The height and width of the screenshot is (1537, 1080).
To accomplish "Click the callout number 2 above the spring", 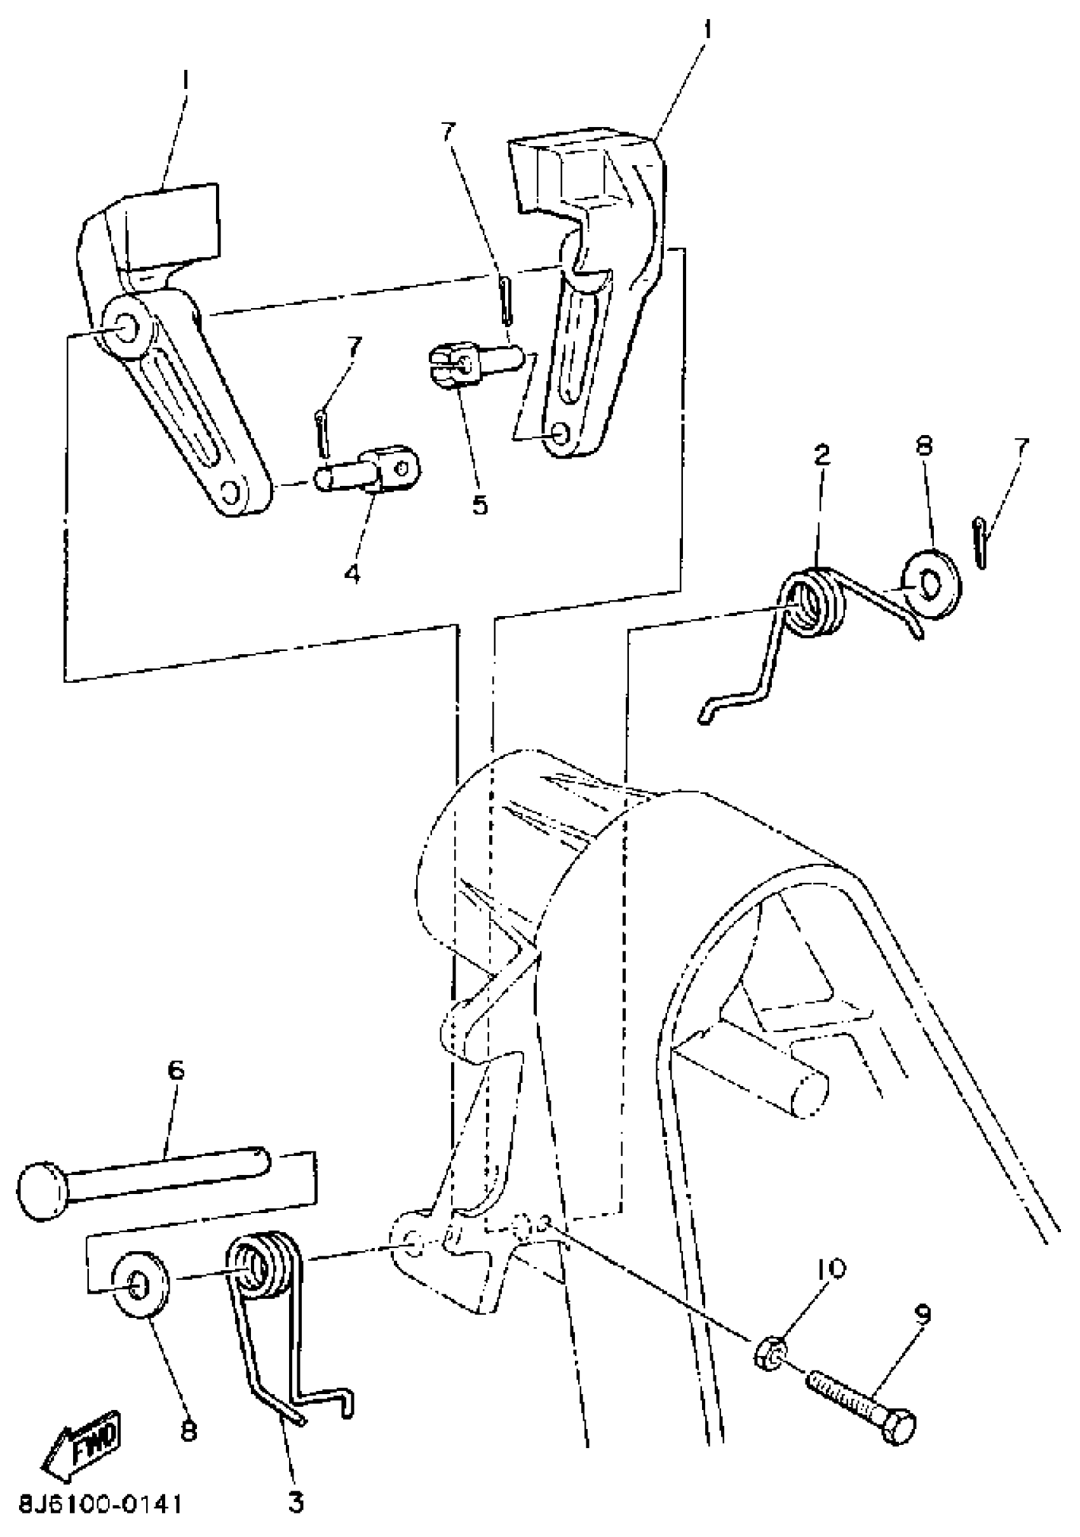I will click(821, 456).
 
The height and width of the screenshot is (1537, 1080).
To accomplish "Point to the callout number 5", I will click(480, 505).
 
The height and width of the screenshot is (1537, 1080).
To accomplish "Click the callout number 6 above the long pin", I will click(175, 1070).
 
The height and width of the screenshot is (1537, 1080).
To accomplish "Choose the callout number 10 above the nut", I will click(830, 1267).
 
